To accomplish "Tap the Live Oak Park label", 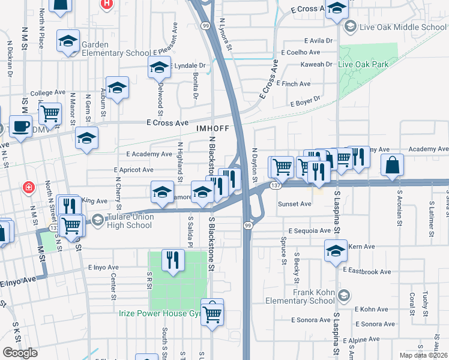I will pyautogui.click(x=363, y=64).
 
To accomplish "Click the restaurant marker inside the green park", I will pyautogui.click(x=173, y=260).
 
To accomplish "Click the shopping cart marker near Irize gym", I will pyautogui.click(x=212, y=313).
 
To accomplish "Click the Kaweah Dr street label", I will pyautogui.click(x=318, y=64).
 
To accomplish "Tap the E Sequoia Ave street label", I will pyautogui.click(x=309, y=230).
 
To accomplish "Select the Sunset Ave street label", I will pyautogui.click(x=294, y=204).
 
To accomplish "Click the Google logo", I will pyautogui.click(x=20, y=352).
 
